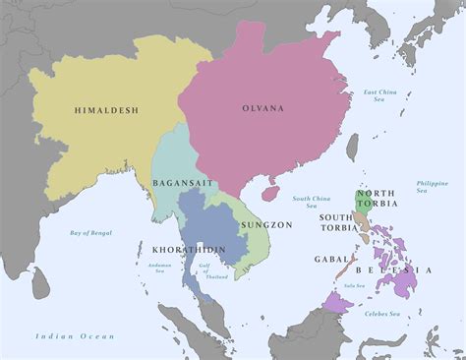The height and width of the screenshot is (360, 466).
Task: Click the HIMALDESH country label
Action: click(107, 111)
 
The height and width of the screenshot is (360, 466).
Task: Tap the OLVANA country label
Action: click(262, 109)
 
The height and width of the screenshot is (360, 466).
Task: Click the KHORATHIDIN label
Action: click(189, 250)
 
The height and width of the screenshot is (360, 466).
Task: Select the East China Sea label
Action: click(380, 96)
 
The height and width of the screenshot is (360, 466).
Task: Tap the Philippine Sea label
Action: click(432, 187)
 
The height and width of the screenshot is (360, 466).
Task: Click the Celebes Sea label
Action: click(380, 315)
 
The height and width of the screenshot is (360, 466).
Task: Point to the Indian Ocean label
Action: click(75, 336)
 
